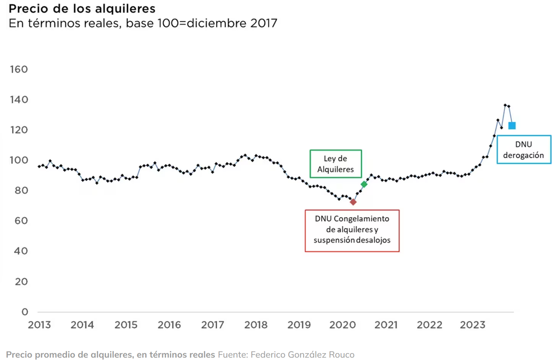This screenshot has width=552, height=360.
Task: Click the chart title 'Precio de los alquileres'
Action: pyautogui.click(x=82, y=9)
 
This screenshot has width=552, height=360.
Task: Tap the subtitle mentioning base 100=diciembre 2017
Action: pyautogui.click(x=143, y=23)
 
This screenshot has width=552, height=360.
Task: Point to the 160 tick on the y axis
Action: pyautogui.click(x=18, y=69)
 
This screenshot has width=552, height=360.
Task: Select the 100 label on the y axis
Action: pyautogui.click(x=18, y=160)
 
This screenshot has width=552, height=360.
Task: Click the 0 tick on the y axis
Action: pyautogui.click(x=25, y=312)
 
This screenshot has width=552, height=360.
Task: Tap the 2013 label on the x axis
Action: pyautogui.click(x=39, y=325)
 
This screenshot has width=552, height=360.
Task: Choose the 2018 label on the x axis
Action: pyautogui.click(x=256, y=325)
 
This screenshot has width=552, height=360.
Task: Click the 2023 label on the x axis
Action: pyautogui.click(x=472, y=325)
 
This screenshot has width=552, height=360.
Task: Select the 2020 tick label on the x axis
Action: pyautogui.click(x=342, y=325)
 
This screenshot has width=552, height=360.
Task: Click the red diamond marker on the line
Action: pyautogui.click(x=353, y=202)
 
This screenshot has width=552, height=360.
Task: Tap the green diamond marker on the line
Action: pyautogui.click(x=364, y=184)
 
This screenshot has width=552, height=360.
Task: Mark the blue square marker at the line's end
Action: pyautogui.click(x=512, y=126)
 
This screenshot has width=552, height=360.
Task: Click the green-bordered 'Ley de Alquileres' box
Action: pyautogui.click(x=335, y=164)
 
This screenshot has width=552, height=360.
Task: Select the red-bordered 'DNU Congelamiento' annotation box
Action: pyautogui.click(x=352, y=230)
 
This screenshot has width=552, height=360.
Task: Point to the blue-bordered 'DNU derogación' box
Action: pyautogui.click(x=524, y=149)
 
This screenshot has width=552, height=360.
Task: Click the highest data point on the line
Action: pyautogui.click(x=505, y=105)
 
